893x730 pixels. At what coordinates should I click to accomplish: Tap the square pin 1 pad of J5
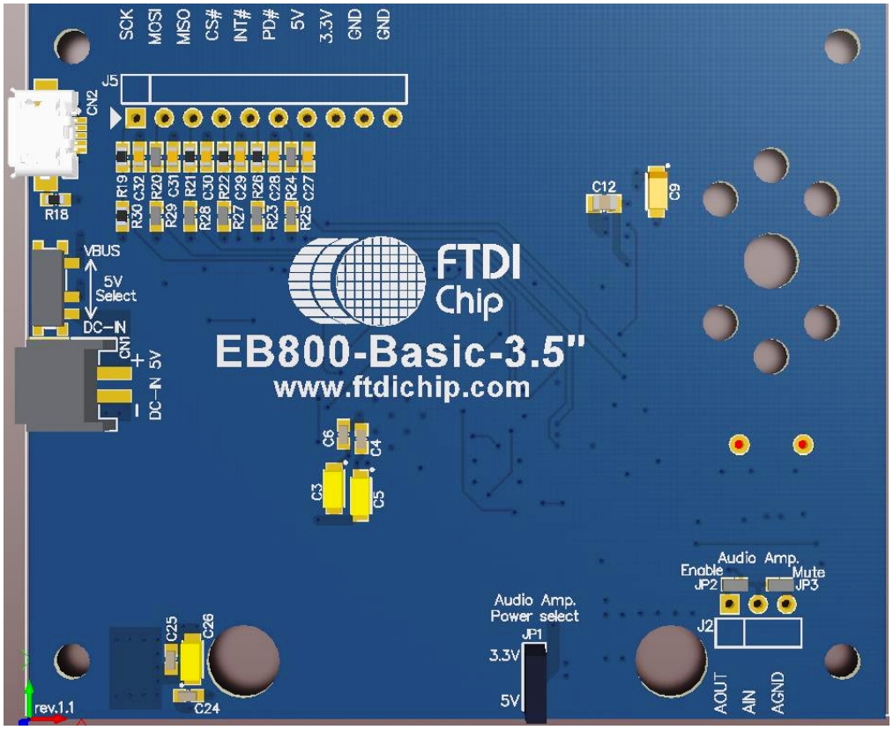coord(135,117)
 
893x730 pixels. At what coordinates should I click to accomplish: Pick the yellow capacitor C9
coord(656,191)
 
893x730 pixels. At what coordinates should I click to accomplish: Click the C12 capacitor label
coord(604,187)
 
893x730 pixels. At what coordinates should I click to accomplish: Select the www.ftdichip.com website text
coord(402,387)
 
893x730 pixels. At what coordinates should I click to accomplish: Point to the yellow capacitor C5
coord(361,494)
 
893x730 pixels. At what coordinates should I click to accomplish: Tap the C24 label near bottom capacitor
coord(205,708)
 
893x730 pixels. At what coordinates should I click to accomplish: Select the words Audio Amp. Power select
coord(534,608)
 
